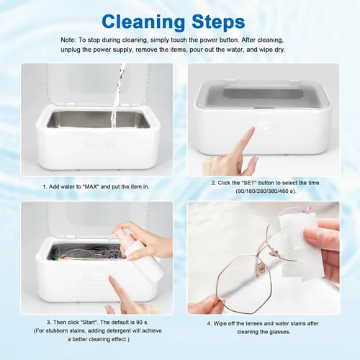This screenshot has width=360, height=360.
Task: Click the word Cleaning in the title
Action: [143, 22]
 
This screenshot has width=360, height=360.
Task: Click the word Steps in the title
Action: [218, 22]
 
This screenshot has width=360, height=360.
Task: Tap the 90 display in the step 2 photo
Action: [264, 126]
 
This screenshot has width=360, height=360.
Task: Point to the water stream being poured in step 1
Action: [118, 96]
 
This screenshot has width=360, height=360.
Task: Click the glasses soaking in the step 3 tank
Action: [94, 255]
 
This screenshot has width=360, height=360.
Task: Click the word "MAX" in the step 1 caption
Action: [90, 186]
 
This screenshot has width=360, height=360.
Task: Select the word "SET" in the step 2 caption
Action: [249, 183]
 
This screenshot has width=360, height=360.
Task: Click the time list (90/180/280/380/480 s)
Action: [266, 192]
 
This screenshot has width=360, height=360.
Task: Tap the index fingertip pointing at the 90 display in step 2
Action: [251, 129]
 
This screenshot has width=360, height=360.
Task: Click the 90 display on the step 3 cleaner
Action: [99, 276]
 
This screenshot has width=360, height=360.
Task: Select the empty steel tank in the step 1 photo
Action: [98, 120]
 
